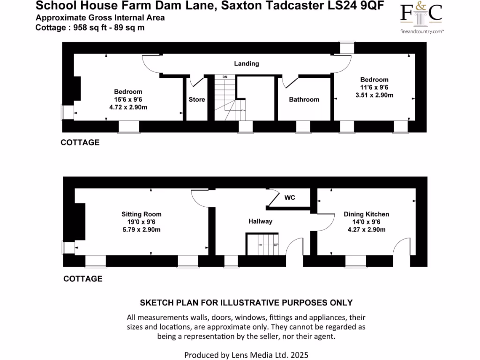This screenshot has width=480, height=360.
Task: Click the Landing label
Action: click(247, 64)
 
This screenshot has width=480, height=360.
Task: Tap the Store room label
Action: click(197, 99)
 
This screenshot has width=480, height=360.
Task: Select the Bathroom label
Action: click(304, 99)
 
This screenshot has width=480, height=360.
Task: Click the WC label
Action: click(290, 197)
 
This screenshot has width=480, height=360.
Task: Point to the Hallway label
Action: click(260, 221)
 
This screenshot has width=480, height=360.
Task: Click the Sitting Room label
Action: click(141, 214)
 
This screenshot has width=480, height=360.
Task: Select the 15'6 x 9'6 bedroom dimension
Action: click(128, 99)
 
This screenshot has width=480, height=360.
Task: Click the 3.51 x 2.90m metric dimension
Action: click(374, 95)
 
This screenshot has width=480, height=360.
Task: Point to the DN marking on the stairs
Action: click(225, 76)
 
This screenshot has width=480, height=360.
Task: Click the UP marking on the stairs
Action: click(276, 245)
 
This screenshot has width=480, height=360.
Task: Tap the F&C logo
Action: click(421, 14)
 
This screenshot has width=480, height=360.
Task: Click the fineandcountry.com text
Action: click(421, 31)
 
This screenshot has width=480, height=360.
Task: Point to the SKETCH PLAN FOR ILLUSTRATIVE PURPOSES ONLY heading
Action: click(246, 303)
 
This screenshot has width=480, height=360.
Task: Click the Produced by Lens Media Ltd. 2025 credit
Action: click(246, 355)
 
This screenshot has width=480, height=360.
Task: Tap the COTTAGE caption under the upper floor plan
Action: click(80, 142)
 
